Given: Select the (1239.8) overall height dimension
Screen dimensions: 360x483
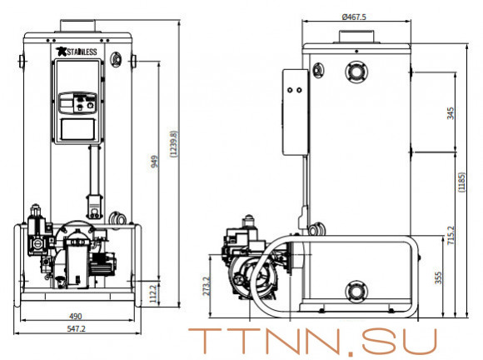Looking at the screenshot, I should pyautogui.click(x=173, y=146).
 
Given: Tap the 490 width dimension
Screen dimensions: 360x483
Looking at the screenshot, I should pyautogui.click(x=76, y=317).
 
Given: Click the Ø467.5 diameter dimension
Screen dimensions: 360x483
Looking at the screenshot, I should pyautogui.click(x=356, y=17).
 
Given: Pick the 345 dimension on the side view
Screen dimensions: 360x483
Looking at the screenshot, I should pyautogui.click(x=451, y=112).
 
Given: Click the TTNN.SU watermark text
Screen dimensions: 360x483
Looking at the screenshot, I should pyautogui.click(x=311, y=342).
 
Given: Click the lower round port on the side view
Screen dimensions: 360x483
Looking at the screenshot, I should pyautogui.click(x=356, y=291).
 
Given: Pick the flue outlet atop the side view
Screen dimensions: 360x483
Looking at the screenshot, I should pyautogui.click(x=356, y=36).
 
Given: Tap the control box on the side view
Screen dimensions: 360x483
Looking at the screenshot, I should pyautogui.click(x=293, y=111).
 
